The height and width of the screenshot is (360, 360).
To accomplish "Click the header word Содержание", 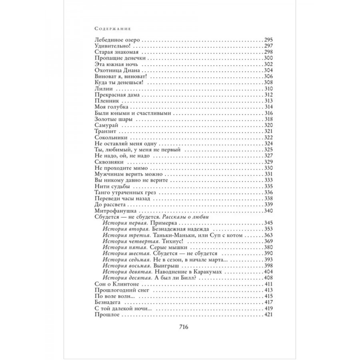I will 113,29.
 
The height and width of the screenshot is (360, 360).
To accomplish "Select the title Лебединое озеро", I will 117,41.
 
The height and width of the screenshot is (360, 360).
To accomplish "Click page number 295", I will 268,41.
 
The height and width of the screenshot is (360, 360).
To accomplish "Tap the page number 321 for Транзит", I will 268,131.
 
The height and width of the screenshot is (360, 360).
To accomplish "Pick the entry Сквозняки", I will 106,162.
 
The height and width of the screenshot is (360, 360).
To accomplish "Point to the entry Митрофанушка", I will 111,210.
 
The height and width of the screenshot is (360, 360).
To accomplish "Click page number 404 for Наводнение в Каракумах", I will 268,272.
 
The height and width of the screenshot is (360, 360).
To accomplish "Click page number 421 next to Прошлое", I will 268,314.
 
